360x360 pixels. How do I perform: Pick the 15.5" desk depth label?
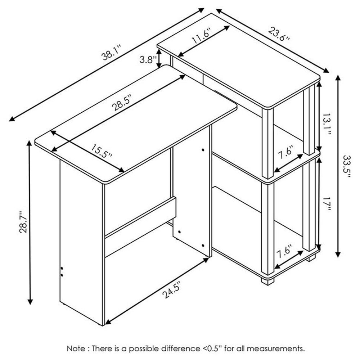(x=101, y=152)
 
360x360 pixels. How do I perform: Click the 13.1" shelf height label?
(x=326, y=124)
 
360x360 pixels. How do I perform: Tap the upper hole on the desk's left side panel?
(x=62, y=268)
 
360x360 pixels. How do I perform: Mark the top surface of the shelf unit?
(x=239, y=60)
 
